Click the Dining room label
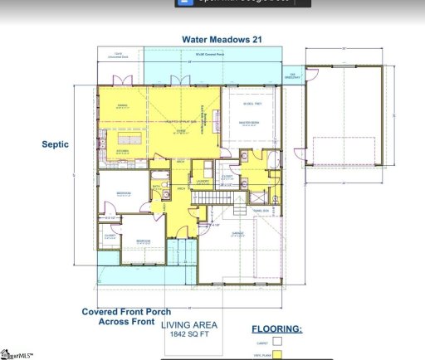(121, 105)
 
